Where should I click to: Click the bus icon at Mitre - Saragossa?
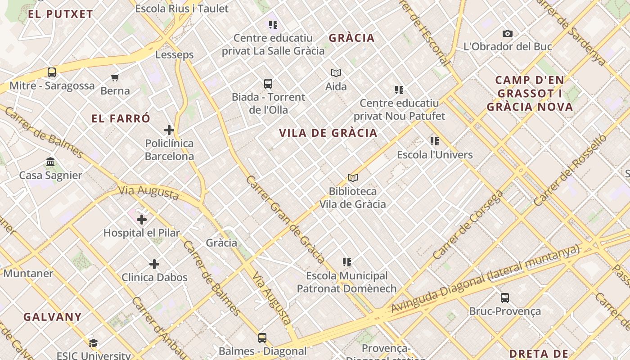52,72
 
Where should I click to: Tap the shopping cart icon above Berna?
115,77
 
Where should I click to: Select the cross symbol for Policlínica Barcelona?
169,130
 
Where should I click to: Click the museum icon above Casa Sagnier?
50,162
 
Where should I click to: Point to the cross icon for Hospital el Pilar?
142,220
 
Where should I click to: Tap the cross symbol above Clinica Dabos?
154,264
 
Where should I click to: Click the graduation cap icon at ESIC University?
93,343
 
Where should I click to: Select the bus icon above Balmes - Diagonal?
262,337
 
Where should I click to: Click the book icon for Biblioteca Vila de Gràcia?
353,178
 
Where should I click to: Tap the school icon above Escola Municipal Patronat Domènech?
346,262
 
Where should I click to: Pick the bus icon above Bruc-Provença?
505,298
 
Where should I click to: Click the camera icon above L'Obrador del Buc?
508,33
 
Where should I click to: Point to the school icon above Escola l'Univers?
435,141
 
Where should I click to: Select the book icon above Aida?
336,73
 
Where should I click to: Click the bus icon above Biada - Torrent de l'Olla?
268,84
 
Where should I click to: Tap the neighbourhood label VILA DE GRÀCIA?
328,133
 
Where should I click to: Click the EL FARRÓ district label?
121,119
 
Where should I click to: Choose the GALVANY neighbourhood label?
53,317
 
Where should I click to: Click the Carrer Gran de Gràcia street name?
285,219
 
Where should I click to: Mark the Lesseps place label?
175,55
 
